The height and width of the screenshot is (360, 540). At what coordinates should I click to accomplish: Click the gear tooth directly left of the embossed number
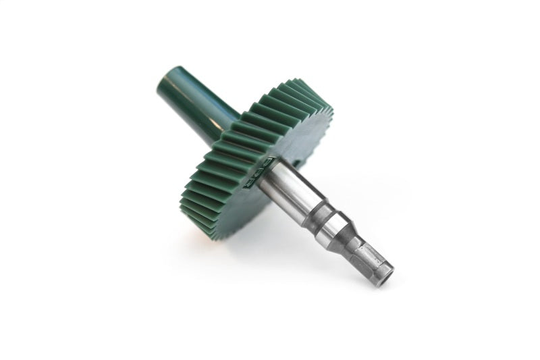pyautogui.click(x=233, y=177)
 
